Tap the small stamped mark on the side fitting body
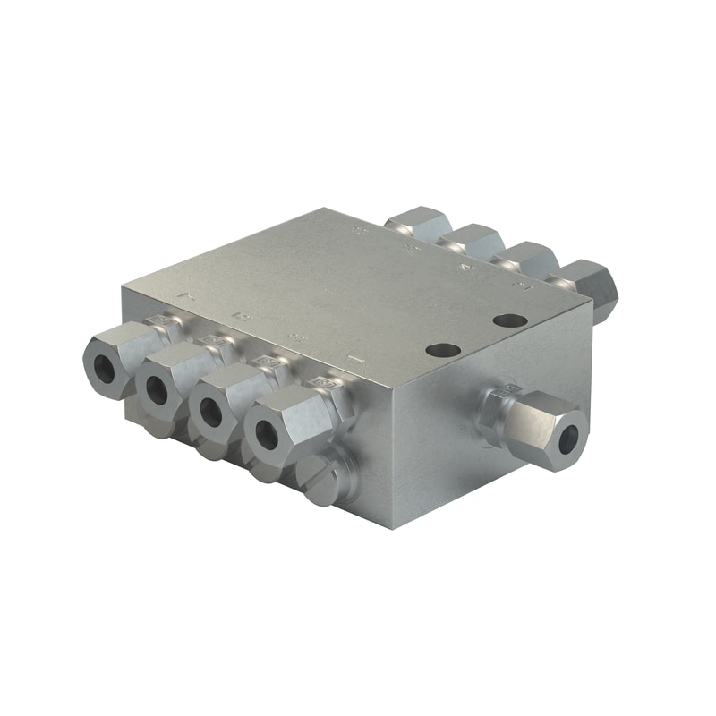click(507, 390)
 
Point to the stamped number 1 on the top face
click(355, 360)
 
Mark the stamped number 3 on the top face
click(294, 337)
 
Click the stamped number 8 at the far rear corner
click(361, 233)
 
